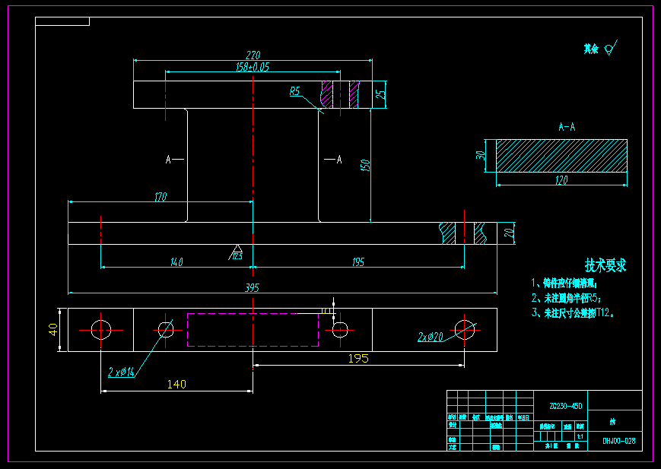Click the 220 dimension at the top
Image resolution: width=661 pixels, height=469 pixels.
253,55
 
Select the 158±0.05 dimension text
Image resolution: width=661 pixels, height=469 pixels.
253,67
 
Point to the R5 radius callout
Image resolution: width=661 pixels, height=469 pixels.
295,91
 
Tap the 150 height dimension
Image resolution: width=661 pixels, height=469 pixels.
364,164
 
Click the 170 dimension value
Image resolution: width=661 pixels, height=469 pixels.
160,197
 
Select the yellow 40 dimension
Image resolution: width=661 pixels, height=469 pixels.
53,329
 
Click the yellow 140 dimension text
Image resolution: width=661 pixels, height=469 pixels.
176,385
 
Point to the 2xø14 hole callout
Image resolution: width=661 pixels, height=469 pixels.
121,372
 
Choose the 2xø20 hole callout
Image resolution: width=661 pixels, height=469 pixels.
431,335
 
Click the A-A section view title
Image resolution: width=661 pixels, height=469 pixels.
567,126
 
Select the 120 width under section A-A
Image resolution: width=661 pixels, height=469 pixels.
561,180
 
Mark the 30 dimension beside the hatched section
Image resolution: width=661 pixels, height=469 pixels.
481,156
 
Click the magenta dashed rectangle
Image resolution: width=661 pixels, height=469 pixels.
253,329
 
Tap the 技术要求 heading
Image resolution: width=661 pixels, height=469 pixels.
605,265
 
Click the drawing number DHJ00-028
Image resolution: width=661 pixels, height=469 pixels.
618,441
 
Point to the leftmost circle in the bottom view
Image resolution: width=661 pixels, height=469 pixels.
101,329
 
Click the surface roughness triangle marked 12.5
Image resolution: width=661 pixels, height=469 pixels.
237,252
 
